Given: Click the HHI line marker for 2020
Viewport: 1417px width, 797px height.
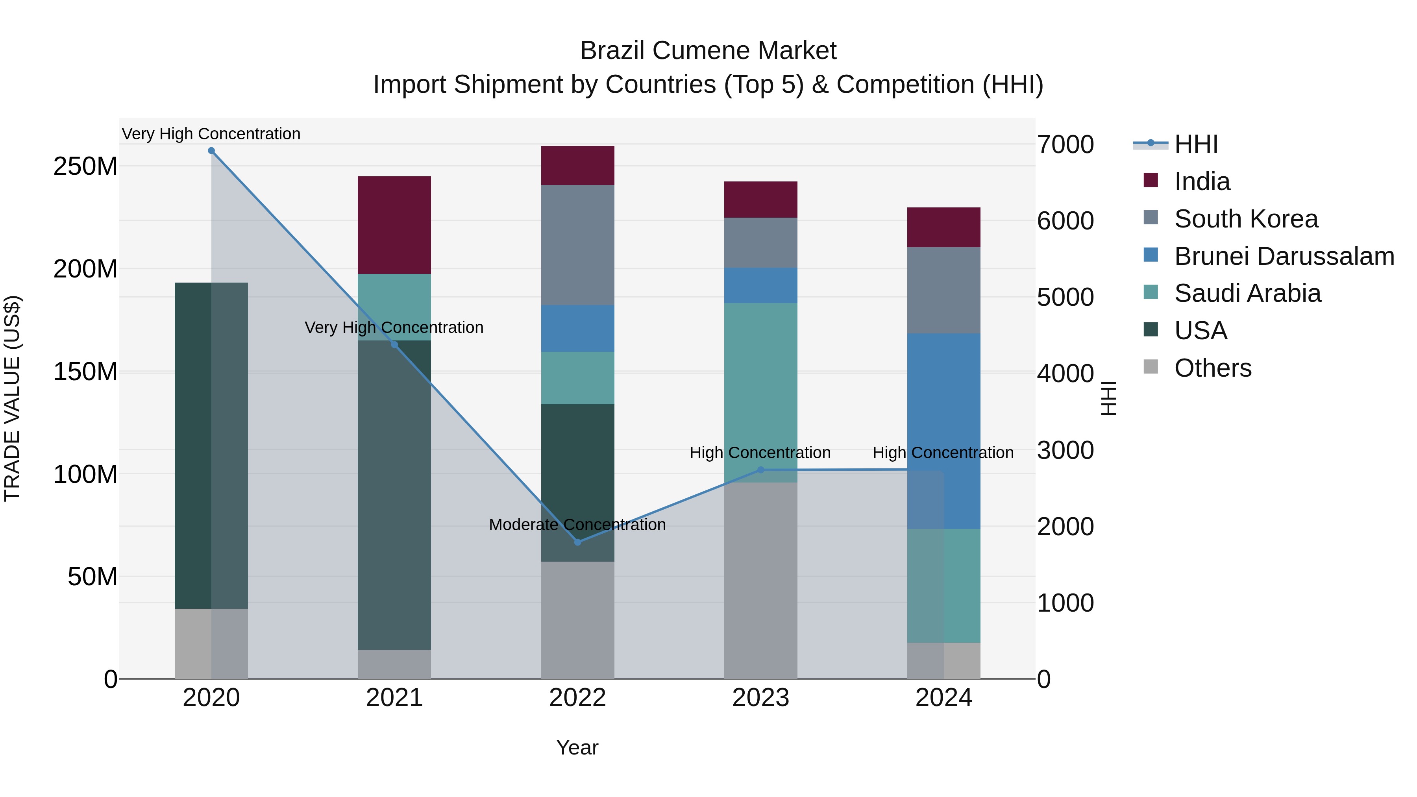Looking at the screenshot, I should click(x=211, y=151).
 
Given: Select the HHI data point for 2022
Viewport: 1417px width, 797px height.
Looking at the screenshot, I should click(x=577, y=542).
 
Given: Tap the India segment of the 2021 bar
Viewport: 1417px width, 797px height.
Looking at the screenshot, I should click(x=394, y=225).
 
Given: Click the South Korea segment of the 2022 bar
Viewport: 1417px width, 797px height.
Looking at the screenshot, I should click(x=577, y=245).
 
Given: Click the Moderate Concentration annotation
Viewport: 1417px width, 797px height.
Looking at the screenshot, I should click(x=577, y=525).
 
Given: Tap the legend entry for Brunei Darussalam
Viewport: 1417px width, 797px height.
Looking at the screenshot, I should click(x=1284, y=256).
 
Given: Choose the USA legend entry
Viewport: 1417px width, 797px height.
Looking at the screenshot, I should click(x=1200, y=331).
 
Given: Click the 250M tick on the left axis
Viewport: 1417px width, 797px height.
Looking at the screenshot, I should click(x=85, y=166).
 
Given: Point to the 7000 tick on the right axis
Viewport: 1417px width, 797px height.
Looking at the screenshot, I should click(x=1065, y=145).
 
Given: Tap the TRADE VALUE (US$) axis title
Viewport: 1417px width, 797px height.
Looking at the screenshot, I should click(x=12, y=398).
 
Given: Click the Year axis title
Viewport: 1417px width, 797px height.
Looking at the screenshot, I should click(x=577, y=747).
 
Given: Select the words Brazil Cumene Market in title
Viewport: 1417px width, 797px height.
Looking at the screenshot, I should click(x=708, y=51).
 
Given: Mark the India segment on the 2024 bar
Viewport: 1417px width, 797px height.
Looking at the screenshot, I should click(x=944, y=227).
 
